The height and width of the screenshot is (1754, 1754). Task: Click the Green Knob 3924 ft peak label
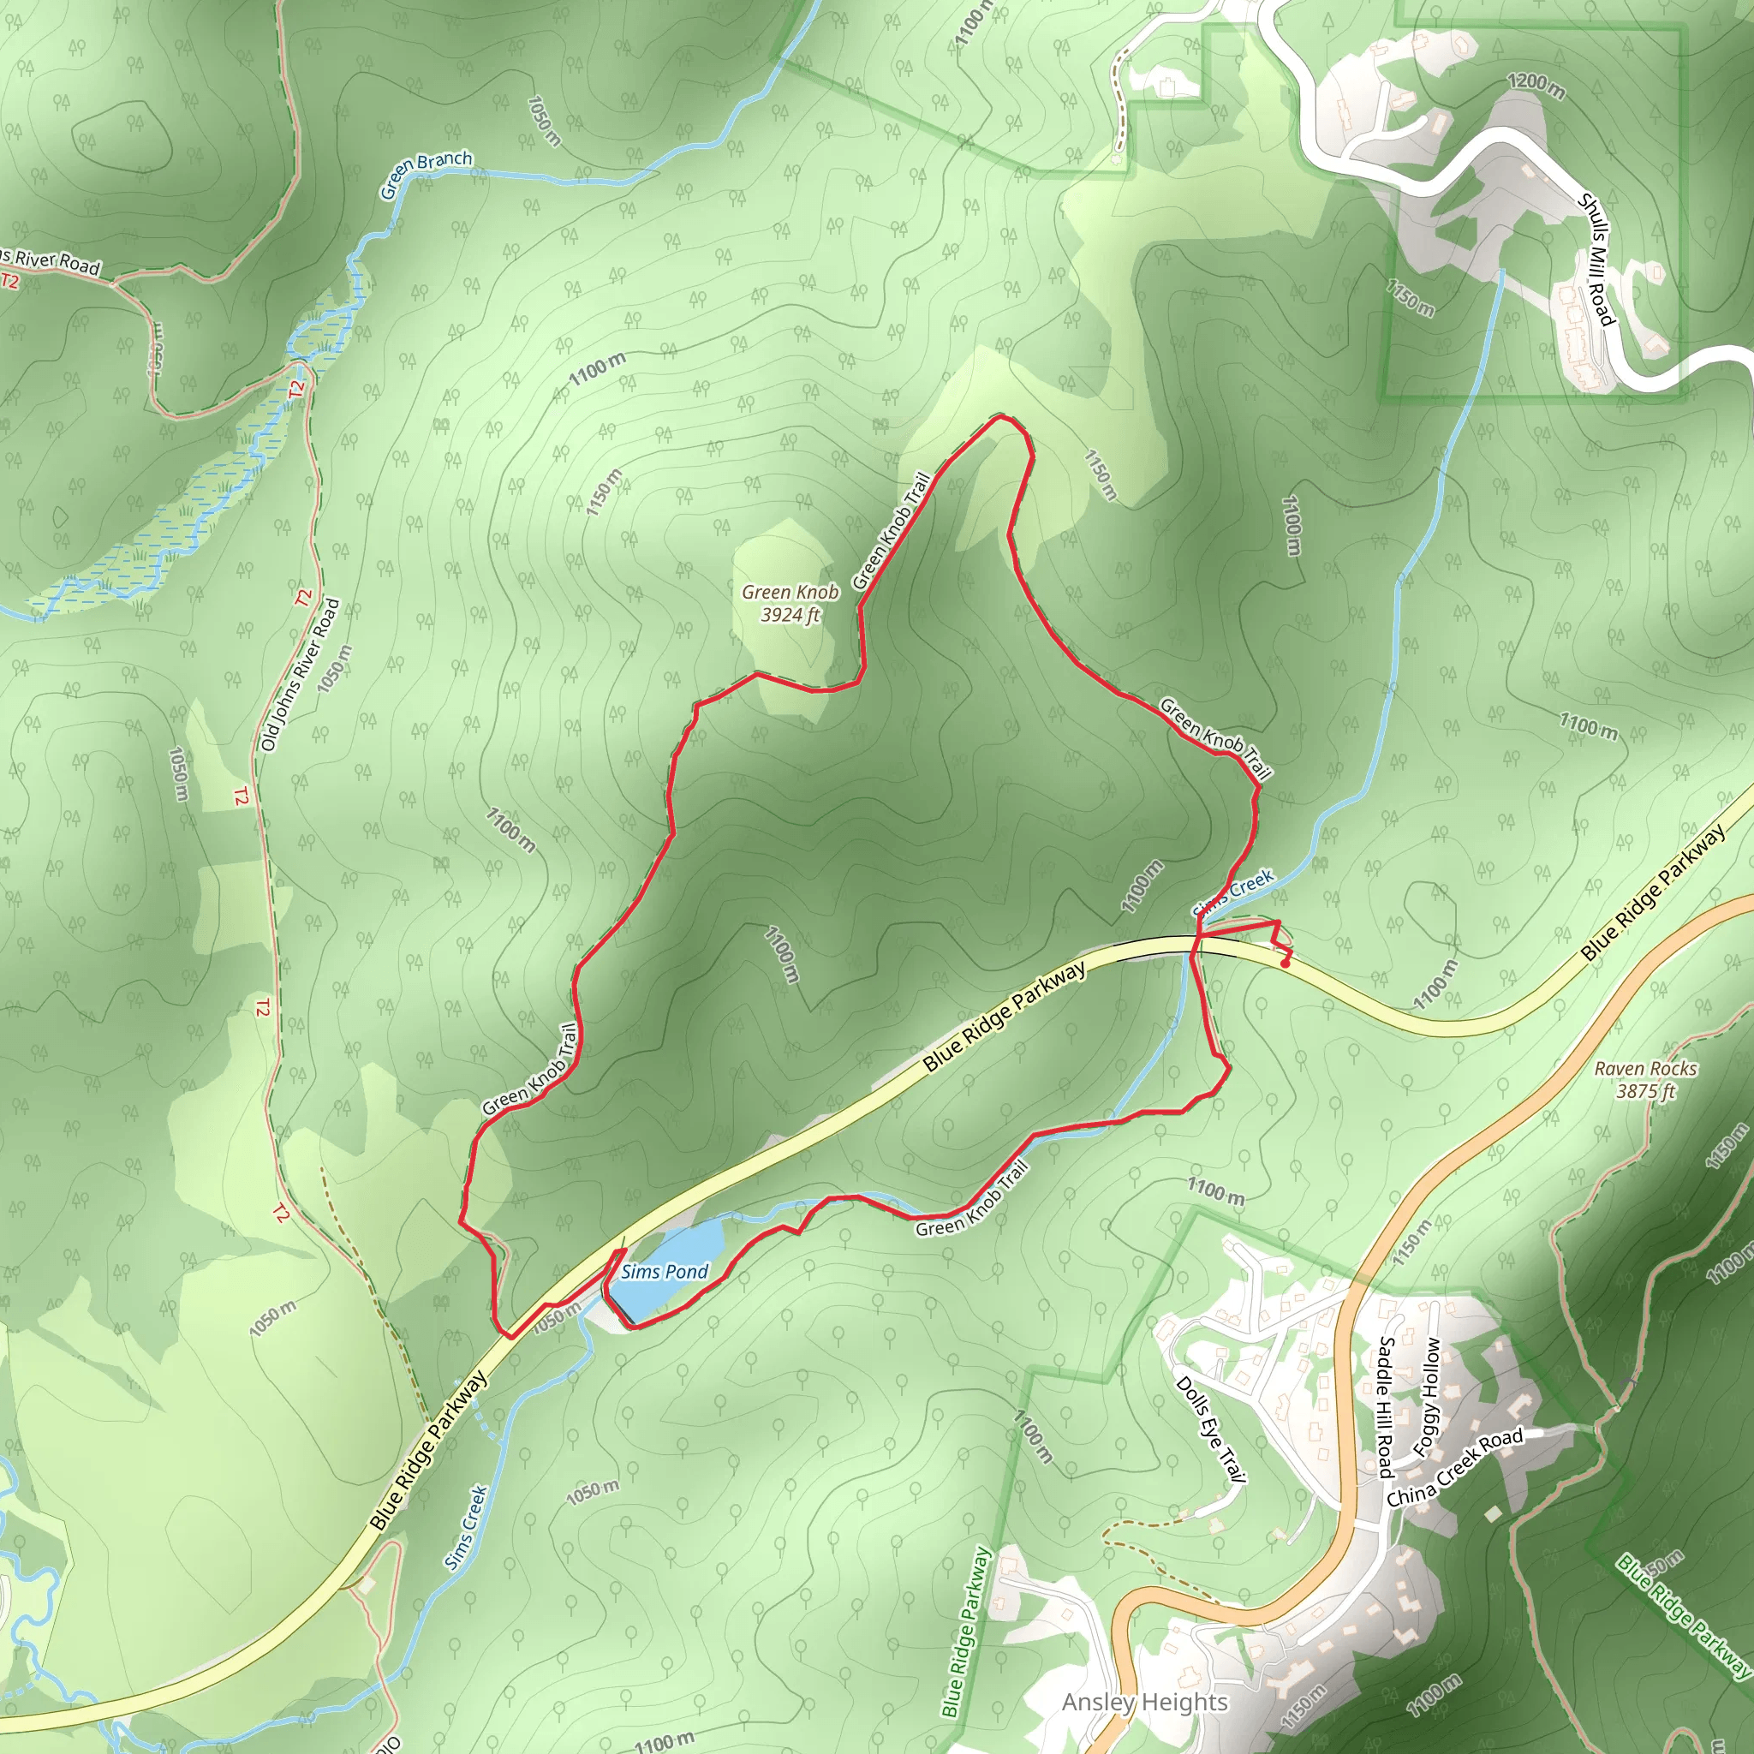pos(790,603)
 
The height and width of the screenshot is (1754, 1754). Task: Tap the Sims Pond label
pos(665,1271)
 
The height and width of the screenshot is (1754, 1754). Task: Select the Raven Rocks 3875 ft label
pos(1645,1079)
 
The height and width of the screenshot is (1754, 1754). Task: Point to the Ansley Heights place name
pos(1145,1703)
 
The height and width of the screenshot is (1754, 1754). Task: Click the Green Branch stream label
pos(426,173)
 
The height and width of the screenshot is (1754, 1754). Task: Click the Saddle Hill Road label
pos(1386,1406)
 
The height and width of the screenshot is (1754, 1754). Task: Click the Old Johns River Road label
pos(301,674)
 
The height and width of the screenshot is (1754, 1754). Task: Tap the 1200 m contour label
pos(1536,85)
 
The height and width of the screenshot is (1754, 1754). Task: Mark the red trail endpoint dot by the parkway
pos(1286,964)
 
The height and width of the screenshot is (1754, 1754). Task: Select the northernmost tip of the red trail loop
pos(999,418)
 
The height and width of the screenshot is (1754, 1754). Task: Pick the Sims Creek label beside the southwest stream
pos(467,1527)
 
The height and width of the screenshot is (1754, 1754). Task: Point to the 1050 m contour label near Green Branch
pos(543,121)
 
